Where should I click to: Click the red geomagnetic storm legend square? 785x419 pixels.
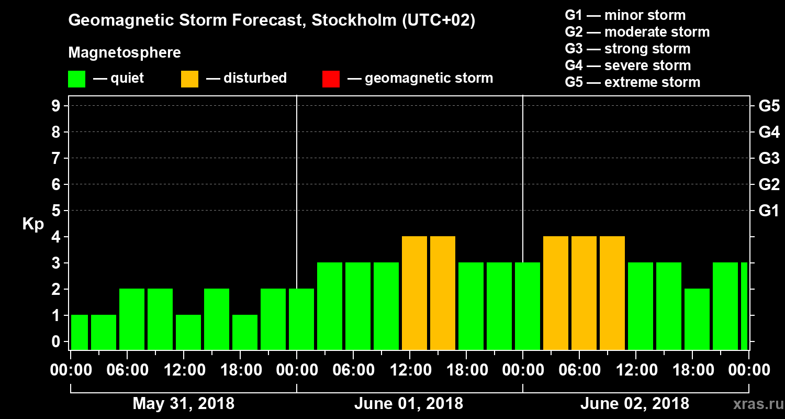coord(331,79)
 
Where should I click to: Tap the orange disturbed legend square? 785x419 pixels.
coord(189,79)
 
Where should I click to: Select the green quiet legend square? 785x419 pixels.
coord(76,79)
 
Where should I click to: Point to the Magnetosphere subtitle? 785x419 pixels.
coord(125,53)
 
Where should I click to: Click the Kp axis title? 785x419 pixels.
coord(33,224)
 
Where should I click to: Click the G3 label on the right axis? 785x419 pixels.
coord(769,158)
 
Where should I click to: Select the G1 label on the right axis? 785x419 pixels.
coord(769,211)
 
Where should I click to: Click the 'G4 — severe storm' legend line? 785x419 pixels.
coord(628,65)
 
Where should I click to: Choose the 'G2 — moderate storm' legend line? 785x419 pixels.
coord(637,32)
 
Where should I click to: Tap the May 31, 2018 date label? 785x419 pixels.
coord(183,404)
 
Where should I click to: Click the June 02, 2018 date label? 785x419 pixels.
coord(635,404)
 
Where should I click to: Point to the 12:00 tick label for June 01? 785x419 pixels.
coord(410,370)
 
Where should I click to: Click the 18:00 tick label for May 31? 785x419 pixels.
coord(240,370)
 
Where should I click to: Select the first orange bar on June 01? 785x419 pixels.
coord(414,293)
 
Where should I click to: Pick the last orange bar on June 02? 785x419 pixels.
coord(612,293)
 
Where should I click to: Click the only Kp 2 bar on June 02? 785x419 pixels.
coord(697,319)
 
